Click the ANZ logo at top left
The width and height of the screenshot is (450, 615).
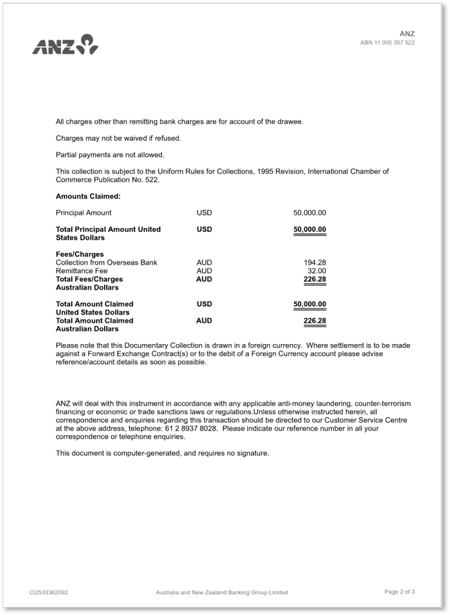(x=66, y=46)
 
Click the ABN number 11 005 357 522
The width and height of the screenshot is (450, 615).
(x=388, y=43)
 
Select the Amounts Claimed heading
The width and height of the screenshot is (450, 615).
(x=88, y=197)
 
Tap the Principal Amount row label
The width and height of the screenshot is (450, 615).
(x=83, y=213)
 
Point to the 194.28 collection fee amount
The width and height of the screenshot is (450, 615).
(x=315, y=262)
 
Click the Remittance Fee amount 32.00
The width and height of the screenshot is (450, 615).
(x=316, y=271)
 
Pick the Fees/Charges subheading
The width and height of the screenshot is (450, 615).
(x=80, y=254)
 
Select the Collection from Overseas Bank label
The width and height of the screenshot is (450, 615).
(x=106, y=262)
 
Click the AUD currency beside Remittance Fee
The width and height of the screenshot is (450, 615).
(x=204, y=271)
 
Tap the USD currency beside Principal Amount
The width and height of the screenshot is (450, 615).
(x=204, y=213)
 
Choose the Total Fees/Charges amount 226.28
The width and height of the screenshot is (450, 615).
(x=314, y=279)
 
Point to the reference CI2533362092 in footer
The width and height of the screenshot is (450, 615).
(x=48, y=592)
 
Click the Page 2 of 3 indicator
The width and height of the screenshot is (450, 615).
(x=400, y=592)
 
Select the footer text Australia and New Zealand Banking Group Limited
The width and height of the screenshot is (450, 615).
(x=222, y=592)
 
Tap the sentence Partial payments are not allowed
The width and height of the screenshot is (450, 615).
(x=109, y=155)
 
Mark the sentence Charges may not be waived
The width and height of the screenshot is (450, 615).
(x=118, y=138)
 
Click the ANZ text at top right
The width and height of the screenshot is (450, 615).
(x=407, y=34)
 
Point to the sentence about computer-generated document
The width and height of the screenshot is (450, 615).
(x=162, y=453)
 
